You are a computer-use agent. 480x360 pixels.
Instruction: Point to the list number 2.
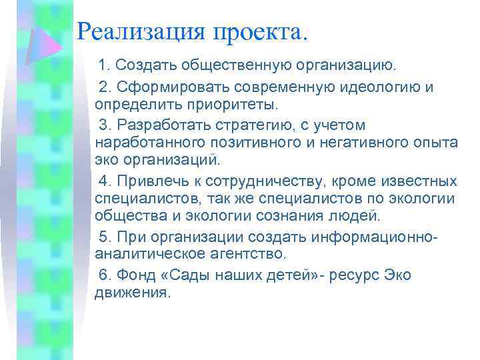103,87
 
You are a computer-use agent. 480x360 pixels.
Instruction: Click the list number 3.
103,125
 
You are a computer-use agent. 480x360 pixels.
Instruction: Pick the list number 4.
103,181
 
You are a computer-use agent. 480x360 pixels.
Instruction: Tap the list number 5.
103,237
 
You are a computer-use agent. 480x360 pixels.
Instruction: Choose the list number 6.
103,274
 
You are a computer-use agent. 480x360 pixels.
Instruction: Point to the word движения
133,293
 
